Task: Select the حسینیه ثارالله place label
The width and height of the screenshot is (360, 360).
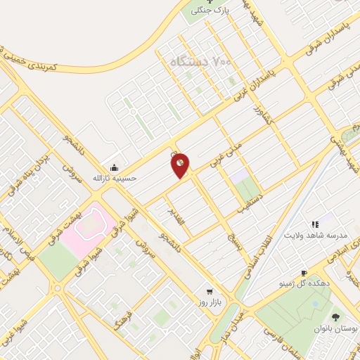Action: pyautogui.click(x=113, y=178)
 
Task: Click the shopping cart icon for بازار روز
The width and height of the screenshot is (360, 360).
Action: pyautogui.click(x=208, y=290)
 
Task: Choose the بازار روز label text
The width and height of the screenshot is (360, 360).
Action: pyautogui.click(x=209, y=302)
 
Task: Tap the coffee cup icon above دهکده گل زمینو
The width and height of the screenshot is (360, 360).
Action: pyautogui.click(x=304, y=273)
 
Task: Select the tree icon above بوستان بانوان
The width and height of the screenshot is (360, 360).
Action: pyautogui.click(x=335, y=316)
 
